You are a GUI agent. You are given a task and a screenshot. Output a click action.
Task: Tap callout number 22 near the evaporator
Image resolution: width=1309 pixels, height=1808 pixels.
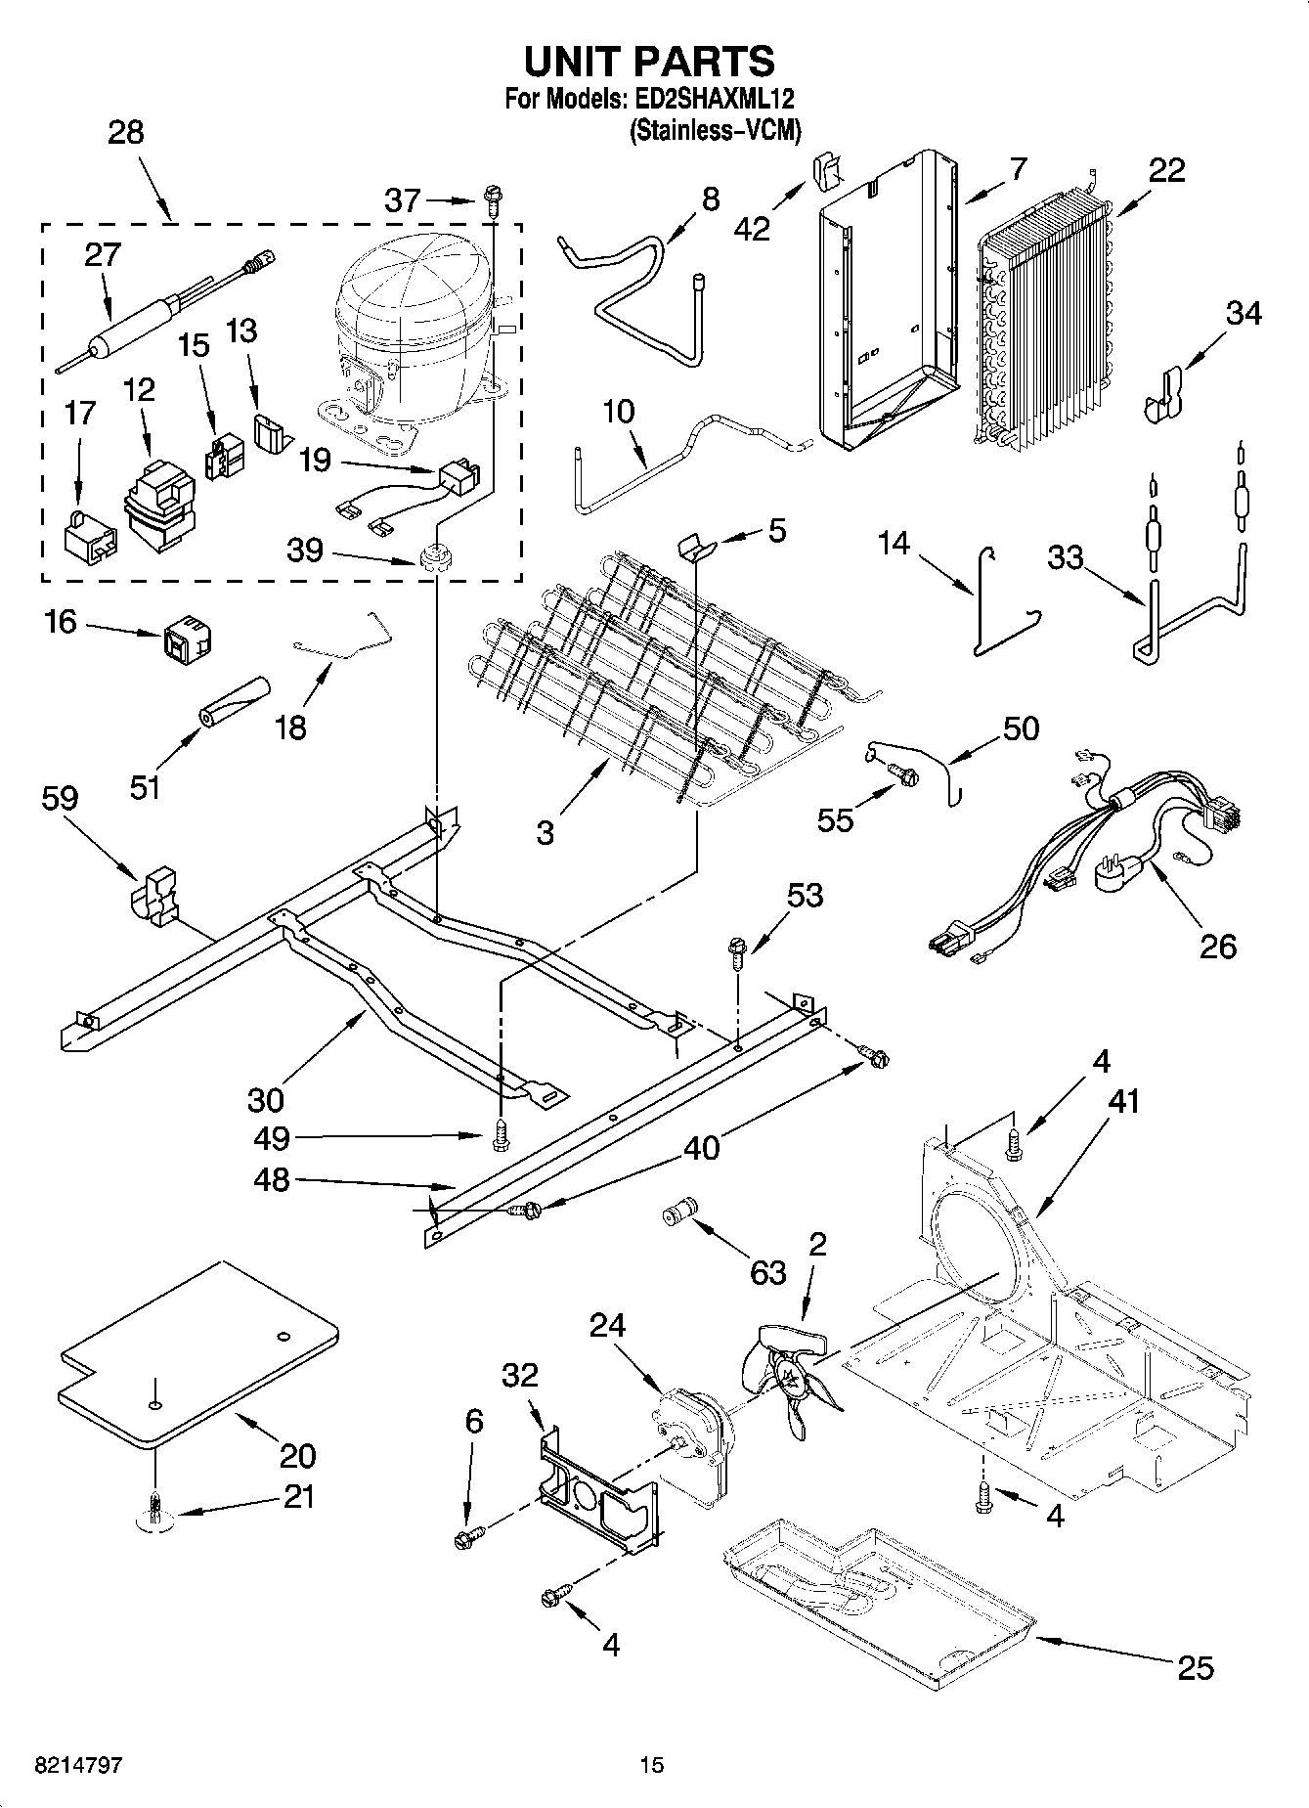(1166, 170)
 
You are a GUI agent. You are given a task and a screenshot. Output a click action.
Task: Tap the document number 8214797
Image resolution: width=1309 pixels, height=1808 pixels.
(78, 1764)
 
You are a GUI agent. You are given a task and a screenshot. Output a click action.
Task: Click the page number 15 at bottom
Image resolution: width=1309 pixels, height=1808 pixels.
(652, 1764)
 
